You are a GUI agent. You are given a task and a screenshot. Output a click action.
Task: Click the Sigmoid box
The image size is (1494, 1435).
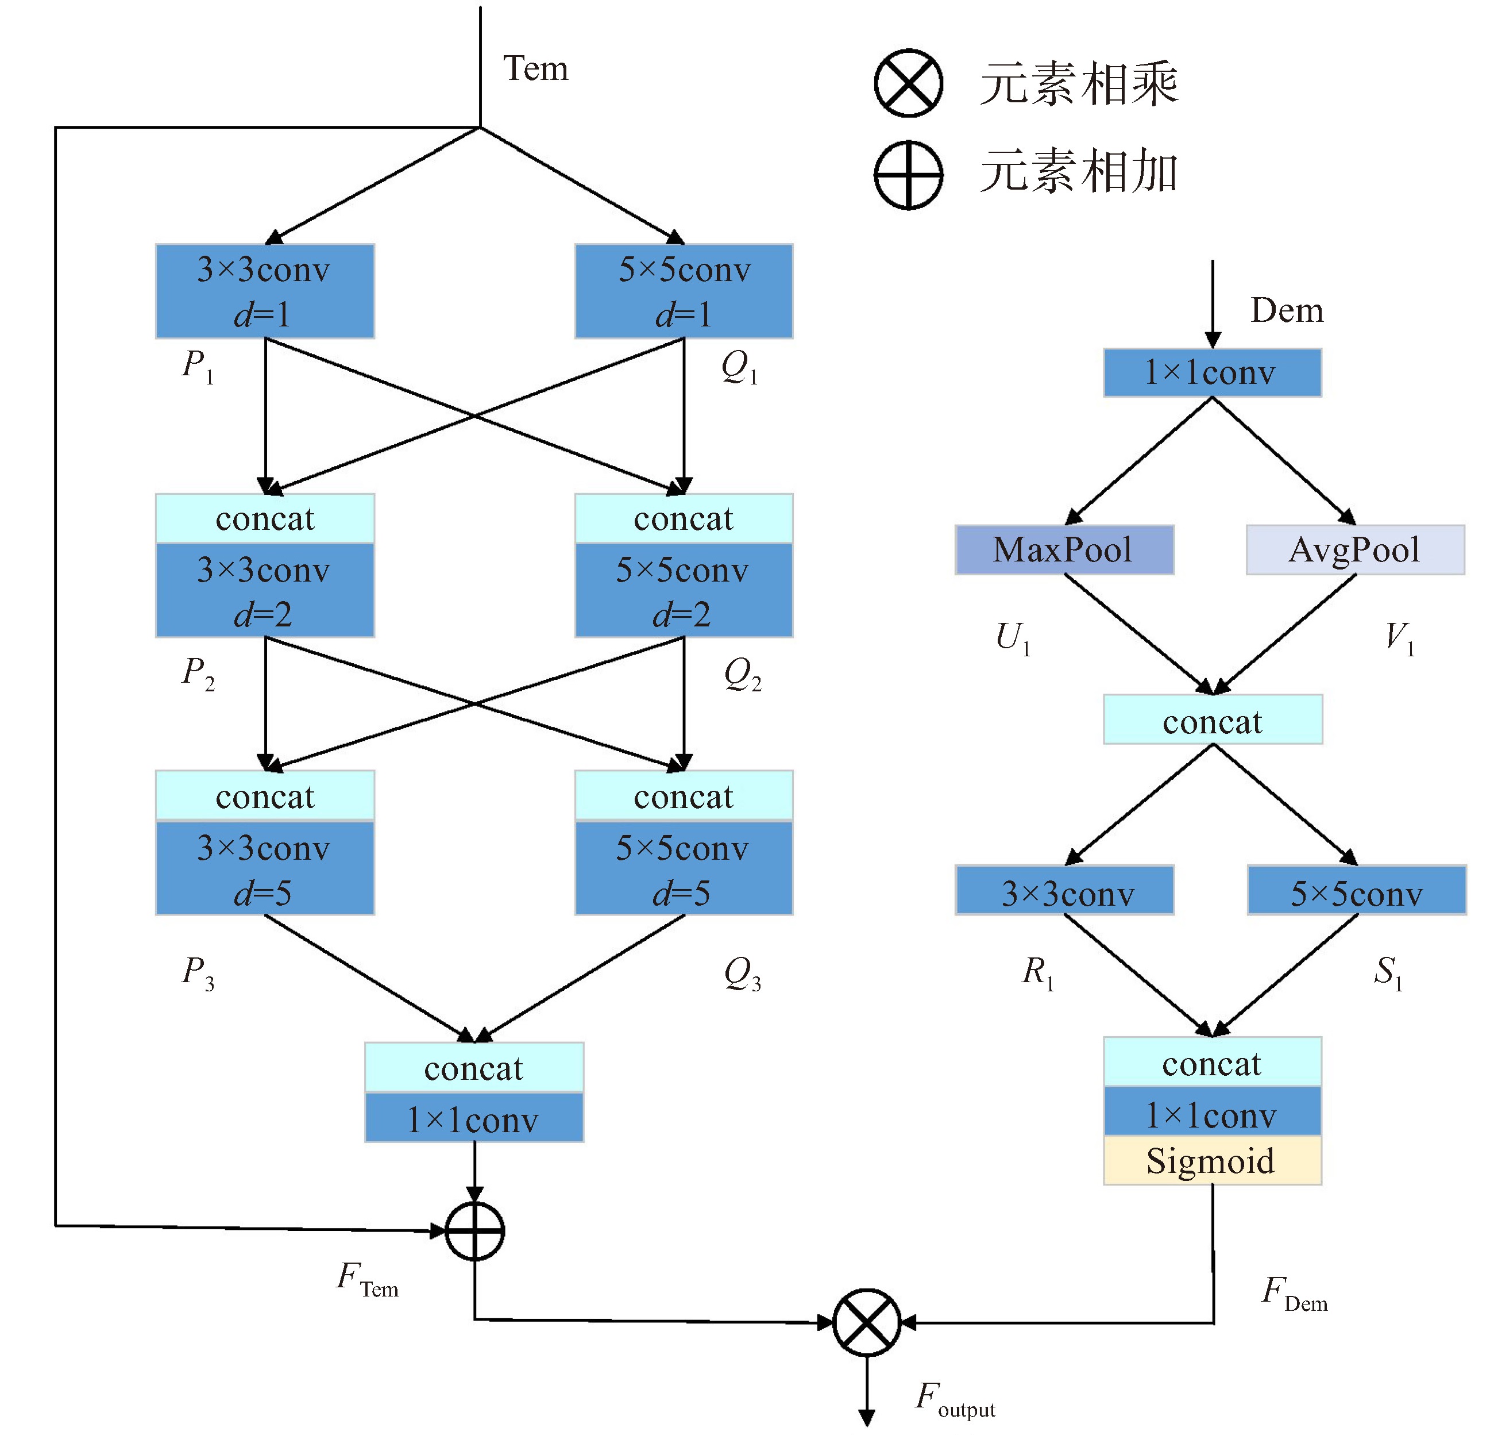coord(1212,1160)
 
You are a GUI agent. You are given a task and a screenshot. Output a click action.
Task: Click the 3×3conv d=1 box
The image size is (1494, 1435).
coord(264,291)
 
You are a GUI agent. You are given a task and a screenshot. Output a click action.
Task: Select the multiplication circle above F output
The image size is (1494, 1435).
coord(867,1322)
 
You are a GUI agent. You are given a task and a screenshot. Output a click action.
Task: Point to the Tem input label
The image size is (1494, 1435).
coord(535,68)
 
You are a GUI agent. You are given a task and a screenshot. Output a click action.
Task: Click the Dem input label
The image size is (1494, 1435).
coord(1287,310)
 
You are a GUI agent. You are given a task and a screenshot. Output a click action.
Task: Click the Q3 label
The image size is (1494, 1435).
coord(742,974)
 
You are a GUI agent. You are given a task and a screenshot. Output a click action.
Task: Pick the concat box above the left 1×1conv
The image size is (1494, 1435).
coord(474,1067)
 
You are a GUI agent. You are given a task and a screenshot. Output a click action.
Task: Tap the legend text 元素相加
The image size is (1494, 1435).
coord(1079,172)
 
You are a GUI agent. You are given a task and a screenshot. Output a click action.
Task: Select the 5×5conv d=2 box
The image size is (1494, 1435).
coord(684,590)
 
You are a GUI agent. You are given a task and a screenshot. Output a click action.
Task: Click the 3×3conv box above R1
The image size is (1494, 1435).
coord(1064,890)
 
